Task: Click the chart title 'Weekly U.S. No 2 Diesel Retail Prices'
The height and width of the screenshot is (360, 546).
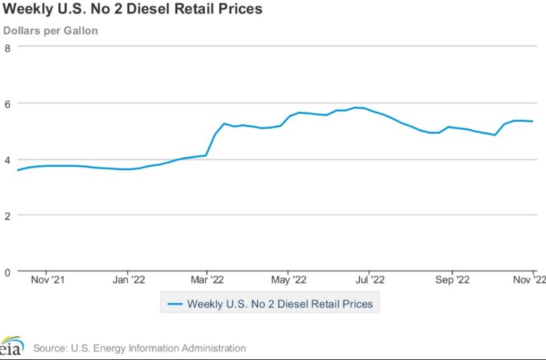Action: click(133, 9)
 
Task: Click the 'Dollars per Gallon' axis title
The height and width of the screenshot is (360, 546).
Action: click(51, 30)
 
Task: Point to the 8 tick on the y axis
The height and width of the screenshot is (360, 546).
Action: click(7, 48)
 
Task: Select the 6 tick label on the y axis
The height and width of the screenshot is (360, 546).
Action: click(7, 103)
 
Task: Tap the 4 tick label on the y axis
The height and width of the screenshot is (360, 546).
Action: click(7, 160)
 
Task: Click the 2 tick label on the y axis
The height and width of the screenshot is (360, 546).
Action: click(7, 216)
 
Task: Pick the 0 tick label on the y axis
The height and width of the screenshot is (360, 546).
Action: click(7, 271)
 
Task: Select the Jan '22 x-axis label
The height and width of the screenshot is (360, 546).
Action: click(128, 280)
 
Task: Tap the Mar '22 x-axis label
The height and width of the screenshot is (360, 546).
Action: click(207, 280)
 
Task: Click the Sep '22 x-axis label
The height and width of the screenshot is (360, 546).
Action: click(452, 280)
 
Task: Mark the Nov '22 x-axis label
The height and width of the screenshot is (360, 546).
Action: click(530, 280)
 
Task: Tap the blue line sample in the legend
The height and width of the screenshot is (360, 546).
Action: click(174, 304)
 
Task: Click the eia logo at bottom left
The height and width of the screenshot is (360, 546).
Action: click(11, 347)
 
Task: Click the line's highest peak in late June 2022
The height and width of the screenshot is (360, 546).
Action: click(357, 108)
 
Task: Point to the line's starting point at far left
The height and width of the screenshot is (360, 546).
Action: click(18, 170)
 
